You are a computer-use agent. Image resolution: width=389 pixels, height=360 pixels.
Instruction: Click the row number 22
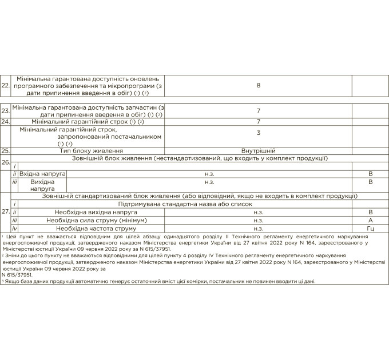[x=5, y=85]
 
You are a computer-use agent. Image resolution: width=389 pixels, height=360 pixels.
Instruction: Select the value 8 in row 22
[x=259, y=85]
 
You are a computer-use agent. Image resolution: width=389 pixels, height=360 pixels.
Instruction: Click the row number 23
[x=5, y=111]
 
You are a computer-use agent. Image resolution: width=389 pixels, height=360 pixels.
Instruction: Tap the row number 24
[x=5, y=122]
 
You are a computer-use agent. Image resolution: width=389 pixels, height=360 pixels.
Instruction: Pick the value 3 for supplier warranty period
[x=259, y=133]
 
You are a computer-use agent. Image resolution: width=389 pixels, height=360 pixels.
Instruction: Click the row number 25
[x=5, y=150]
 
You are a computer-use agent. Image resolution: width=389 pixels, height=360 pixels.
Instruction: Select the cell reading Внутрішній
[x=259, y=150]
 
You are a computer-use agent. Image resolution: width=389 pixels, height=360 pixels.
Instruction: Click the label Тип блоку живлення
[x=88, y=150]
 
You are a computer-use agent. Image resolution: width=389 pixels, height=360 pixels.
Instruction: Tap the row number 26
[x=5, y=163]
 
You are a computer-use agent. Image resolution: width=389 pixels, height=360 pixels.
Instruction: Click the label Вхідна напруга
[x=43, y=173]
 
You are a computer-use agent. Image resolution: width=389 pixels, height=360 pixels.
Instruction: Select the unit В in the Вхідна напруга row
[x=370, y=173]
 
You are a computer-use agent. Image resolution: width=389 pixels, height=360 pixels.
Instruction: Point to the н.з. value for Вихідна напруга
[x=209, y=182]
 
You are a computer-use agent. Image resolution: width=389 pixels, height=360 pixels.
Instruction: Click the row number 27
[x=5, y=211]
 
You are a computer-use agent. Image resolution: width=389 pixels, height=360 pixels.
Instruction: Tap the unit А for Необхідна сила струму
[x=370, y=220]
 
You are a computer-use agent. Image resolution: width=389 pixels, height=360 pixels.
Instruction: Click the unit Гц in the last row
[x=370, y=228]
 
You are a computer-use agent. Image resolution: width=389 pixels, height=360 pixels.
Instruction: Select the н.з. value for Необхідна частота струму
[x=259, y=228]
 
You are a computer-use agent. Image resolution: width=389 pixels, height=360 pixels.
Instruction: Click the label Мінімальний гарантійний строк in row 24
[x=88, y=122]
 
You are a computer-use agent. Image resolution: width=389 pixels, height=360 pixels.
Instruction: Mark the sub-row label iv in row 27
[x=15, y=228]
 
